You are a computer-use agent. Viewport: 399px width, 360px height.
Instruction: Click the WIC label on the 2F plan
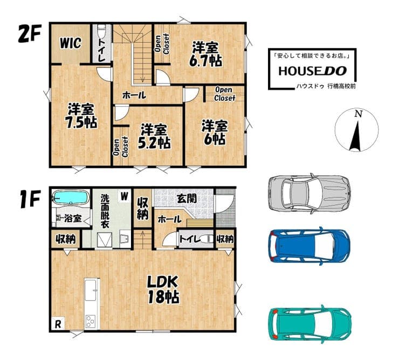click(x=71, y=43)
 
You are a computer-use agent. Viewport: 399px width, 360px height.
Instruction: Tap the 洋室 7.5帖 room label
click(x=81, y=116)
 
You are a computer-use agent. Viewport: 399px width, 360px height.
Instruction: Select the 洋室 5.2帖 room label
click(x=154, y=136)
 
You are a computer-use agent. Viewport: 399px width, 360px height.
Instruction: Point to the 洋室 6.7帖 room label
click(x=205, y=54)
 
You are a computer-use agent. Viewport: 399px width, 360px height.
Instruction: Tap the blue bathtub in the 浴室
click(x=71, y=197)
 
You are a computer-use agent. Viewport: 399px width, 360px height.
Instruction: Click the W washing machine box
click(x=124, y=196)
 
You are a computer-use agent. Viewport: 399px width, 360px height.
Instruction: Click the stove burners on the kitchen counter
click(x=91, y=321)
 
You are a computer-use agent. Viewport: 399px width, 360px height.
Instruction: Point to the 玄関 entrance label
click(x=187, y=199)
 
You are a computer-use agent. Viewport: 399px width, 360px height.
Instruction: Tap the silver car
click(x=309, y=193)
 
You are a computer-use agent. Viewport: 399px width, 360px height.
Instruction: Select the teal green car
click(x=310, y=324)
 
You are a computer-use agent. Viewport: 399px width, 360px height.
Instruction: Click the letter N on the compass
click(x=359, y=114)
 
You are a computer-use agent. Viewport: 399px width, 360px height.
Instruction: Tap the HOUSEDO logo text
click(x=313, y=71)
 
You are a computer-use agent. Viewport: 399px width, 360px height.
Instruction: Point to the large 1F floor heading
click(x=30, y=199)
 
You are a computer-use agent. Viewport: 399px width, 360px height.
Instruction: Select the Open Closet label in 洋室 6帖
click(x=224, y=94)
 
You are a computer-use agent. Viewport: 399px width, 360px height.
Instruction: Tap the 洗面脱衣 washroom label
click(x=105, y=211)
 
